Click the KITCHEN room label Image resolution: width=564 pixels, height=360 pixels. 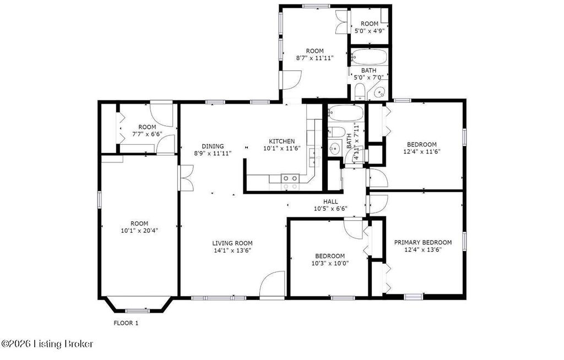tap(281, 141)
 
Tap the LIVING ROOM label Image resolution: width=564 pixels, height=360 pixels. tap(232, 243)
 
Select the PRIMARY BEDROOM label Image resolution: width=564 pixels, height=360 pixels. tap(422, 242)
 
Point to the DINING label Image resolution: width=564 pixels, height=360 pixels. tap(213, 146)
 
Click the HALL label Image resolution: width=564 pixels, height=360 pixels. tap(330, 201)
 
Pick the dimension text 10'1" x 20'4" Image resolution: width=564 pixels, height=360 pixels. tap(139, 231)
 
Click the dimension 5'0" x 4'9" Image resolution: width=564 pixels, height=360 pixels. tap(370, 31)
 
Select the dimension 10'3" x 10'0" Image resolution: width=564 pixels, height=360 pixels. tap(330, 263)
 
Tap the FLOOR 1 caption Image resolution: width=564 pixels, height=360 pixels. tap(126, 323)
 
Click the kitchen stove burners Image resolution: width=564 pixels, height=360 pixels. tap(290, 182)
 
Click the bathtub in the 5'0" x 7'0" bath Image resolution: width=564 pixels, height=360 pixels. tap(369, 57)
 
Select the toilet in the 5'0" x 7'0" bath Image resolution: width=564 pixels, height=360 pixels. tap(359, 91)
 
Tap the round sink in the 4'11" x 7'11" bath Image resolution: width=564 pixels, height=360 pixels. tap(335, 148)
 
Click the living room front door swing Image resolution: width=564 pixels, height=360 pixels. tap(272, 284)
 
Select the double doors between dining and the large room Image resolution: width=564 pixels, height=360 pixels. tap(186, 178)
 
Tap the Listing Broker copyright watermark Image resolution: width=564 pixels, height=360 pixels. tap(47, 344)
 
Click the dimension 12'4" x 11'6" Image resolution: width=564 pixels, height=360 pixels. tap(422, 151)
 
